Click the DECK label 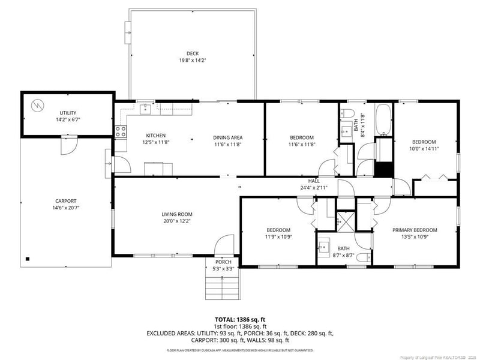tap(192, 53)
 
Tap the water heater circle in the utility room tap(38, 104)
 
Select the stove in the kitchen tap(121, 131)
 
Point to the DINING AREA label tap(228, 137)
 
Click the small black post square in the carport tap(27, 259)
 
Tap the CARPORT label tap(66, 201)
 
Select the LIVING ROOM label tap(176, 214)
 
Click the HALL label tap(314, 181)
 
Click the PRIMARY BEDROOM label tap(415, 230)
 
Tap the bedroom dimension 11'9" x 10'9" tap(278, 237)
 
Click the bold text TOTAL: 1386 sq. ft tap(240, 319)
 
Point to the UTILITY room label tap(68, 113)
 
